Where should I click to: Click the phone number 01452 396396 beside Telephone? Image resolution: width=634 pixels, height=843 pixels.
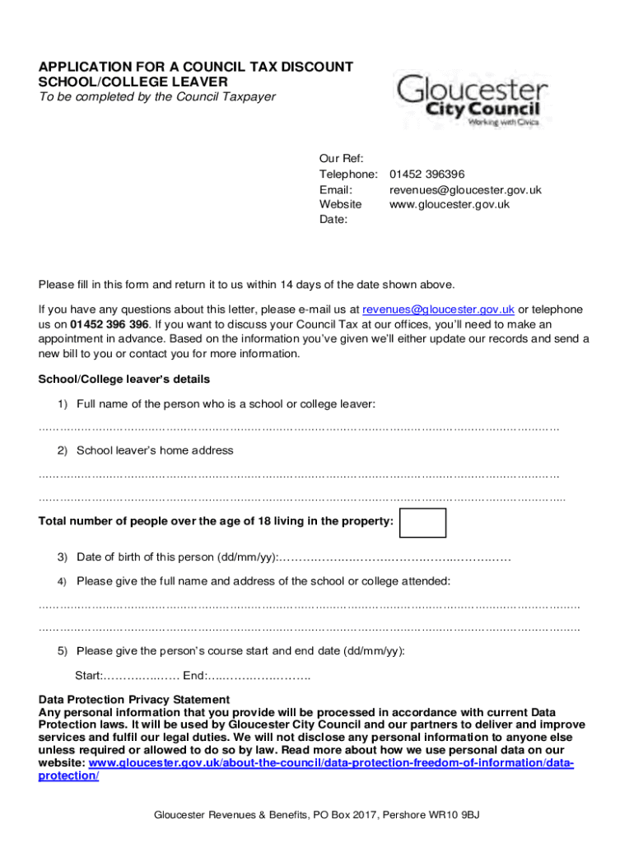[x=427, y=175]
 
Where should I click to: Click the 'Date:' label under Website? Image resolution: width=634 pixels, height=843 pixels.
[x=333, y=220]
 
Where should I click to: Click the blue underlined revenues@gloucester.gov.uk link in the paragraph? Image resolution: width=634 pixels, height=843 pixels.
[x=438, y=310]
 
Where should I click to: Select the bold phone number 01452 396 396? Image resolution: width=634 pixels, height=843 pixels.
[x=110, y=324]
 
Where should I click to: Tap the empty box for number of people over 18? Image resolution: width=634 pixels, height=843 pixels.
[x=422, y=523]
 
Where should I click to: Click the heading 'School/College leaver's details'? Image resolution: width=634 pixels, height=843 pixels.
[x=124, y=380]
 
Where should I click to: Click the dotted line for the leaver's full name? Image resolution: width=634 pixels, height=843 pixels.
[x=299, y=428]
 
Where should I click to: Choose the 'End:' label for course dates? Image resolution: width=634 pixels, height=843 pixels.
[x=195, y=676]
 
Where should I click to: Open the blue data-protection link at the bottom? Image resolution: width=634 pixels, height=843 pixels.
[x=329, y=763]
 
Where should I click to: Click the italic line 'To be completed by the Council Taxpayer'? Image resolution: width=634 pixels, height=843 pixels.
[x=157, y=97]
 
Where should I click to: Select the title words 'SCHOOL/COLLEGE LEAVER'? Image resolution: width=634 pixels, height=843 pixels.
[x=133, y=82]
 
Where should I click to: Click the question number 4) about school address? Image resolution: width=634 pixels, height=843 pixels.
[x=62, y=581]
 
